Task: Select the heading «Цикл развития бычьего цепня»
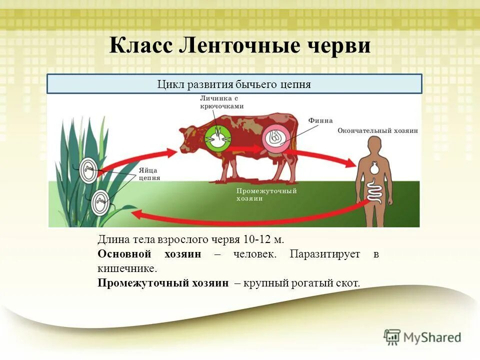click(234, 84)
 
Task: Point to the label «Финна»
click(320, 120)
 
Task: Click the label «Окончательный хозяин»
click(377, 130)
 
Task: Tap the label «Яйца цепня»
click(149, 173)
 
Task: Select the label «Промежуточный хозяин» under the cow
click(266, 194)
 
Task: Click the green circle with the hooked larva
click(218, 136)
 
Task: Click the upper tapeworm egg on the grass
click(89, 170)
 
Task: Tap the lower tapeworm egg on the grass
click(101, 202)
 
